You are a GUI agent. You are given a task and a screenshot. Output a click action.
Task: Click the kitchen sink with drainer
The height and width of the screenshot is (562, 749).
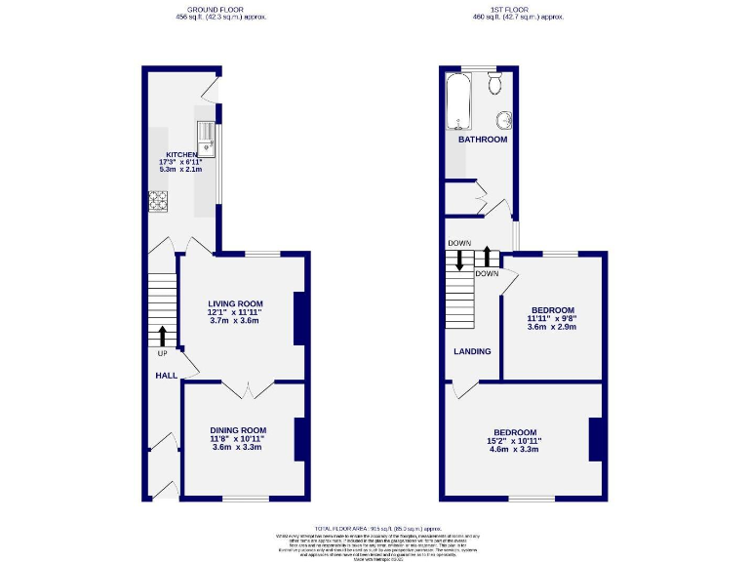coord(207,139)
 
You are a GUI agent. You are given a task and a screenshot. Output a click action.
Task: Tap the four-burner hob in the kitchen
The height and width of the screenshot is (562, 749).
coord(158,201)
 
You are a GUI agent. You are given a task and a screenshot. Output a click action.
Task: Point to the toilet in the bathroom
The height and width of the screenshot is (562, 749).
coord(495,84)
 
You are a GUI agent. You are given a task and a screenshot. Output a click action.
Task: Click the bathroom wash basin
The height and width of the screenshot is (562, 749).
coord(505,120)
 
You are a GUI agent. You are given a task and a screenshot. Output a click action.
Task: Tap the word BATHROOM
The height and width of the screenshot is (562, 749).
coord(483,140)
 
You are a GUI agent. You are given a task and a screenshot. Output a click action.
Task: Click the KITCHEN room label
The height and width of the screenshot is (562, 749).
coord(181,155)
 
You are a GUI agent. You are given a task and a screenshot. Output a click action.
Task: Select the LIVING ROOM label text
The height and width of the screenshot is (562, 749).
coord(235,303)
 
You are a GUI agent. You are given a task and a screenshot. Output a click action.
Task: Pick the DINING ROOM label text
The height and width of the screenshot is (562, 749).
coord(238,430)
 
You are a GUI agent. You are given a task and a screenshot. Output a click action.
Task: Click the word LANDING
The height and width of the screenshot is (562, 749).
coord(471,351)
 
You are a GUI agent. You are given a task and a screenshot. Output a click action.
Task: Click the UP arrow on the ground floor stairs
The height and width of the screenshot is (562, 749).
coord(162,336)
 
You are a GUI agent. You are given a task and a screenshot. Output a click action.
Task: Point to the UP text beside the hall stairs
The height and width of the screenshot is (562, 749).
coord(162,353)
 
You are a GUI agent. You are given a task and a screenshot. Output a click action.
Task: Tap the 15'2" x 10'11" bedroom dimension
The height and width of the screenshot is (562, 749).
coord(514,441)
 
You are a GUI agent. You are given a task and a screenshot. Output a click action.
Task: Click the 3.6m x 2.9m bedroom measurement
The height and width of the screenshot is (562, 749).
coord(552,327)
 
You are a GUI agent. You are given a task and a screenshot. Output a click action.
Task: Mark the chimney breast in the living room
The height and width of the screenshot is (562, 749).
coord(301,318)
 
